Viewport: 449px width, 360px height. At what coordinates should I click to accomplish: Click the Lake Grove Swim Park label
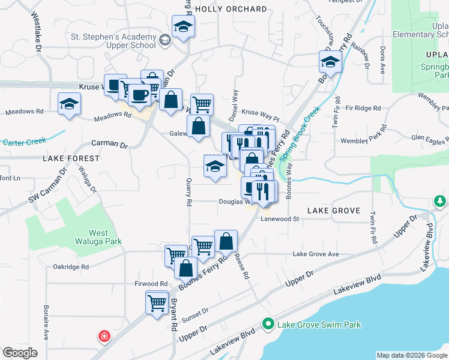click(x=319, y=325)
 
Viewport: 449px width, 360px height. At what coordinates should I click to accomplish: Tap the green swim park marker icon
click(x=268, y=325)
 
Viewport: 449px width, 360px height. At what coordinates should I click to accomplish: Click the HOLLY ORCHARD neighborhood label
click(x=231, y=9)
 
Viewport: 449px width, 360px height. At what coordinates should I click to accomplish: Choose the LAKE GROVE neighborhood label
click(x=333, y=211)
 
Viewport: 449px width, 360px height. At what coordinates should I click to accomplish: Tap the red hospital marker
click(x=104, y=336)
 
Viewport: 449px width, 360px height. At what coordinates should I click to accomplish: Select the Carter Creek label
click(x=24, y=142)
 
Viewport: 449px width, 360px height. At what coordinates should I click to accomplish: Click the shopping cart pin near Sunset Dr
click(x=157, y=302)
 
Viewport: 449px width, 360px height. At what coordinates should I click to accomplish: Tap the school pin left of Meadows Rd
click(x=69, y=104)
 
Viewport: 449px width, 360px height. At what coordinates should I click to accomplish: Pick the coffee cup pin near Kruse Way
click(x=139, y=95)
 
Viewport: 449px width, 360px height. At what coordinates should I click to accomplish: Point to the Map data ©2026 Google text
click(x=411, y=355)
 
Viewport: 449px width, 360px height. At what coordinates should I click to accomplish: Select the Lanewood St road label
click(x=280, y=220)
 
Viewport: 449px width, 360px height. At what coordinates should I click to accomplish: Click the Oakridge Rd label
click(x=71, y=266)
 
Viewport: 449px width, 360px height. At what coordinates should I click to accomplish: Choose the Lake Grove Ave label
click(x=316, y=254)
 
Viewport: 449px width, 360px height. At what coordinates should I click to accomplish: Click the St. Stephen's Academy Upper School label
click(x=113, y=40)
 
